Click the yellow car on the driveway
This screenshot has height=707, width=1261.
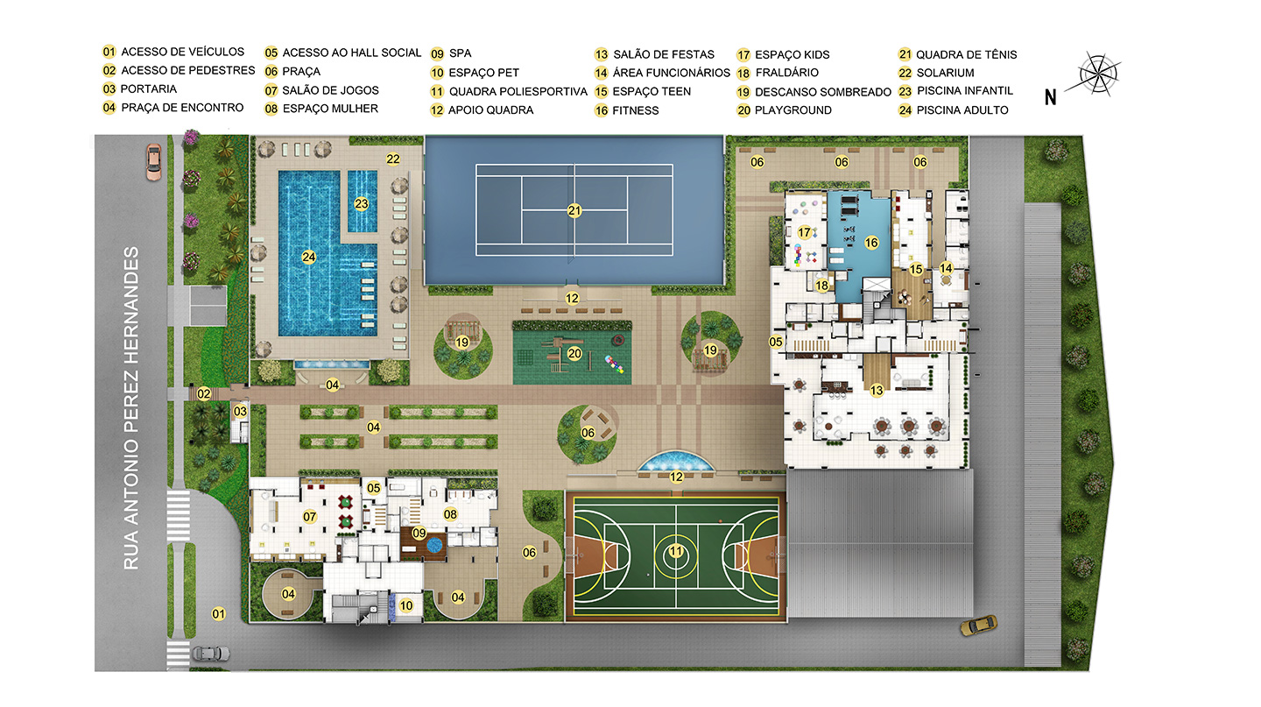point(978,626)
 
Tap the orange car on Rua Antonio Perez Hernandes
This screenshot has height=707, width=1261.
point(154,162)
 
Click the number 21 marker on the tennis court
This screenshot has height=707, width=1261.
point(574,210)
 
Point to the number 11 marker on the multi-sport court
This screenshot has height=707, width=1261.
point(675,551)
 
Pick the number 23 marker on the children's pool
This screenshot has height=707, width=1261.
point(362,204)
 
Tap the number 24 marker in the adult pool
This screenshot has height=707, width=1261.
point(308,258)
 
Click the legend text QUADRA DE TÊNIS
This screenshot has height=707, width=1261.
point(966,54)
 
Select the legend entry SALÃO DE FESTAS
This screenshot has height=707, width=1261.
point(664,54)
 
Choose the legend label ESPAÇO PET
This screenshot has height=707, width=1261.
point(483,73)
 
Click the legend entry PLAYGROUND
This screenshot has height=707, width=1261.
point(793,110)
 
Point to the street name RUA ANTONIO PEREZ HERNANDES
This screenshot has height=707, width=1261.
point(131,408)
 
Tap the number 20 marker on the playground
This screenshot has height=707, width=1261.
point(574,354)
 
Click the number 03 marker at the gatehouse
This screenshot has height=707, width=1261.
point(240,411)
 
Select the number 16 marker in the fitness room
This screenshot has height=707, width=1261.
point(871,243)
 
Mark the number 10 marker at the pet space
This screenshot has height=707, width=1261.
point(406,605)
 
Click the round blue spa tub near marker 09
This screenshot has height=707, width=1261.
point(434,545)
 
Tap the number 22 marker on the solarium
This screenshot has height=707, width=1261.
point(393,159)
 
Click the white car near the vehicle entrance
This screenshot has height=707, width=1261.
point(211,654)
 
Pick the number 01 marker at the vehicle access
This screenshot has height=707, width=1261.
point(218,614)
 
